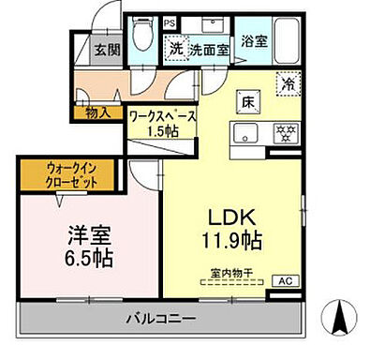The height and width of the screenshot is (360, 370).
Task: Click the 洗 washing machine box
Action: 175,47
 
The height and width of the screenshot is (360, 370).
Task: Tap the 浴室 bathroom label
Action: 254,41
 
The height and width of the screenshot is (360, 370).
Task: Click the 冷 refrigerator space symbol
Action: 288,82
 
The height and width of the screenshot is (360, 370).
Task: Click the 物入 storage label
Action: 96,112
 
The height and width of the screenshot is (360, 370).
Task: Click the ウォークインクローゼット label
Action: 71,175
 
